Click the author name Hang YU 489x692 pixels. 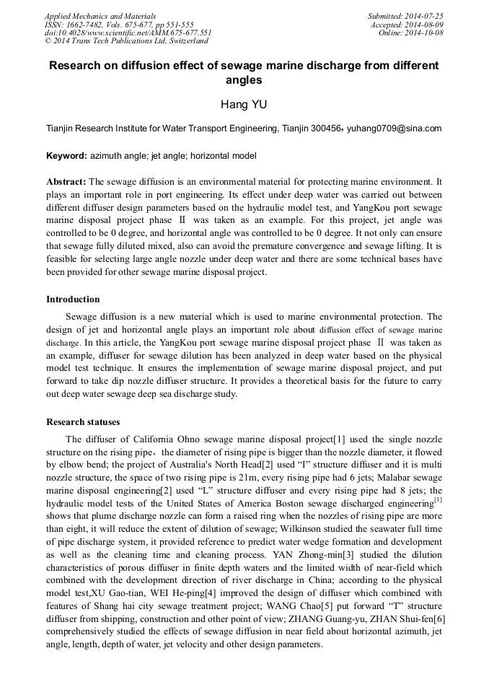[x=244, y=105]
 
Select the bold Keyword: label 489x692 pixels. [x=66, y=156]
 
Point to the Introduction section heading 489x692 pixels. [x=73, y=299]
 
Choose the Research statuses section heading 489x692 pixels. [x=83, y=421]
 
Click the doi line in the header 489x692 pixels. [x=128, y=33]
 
